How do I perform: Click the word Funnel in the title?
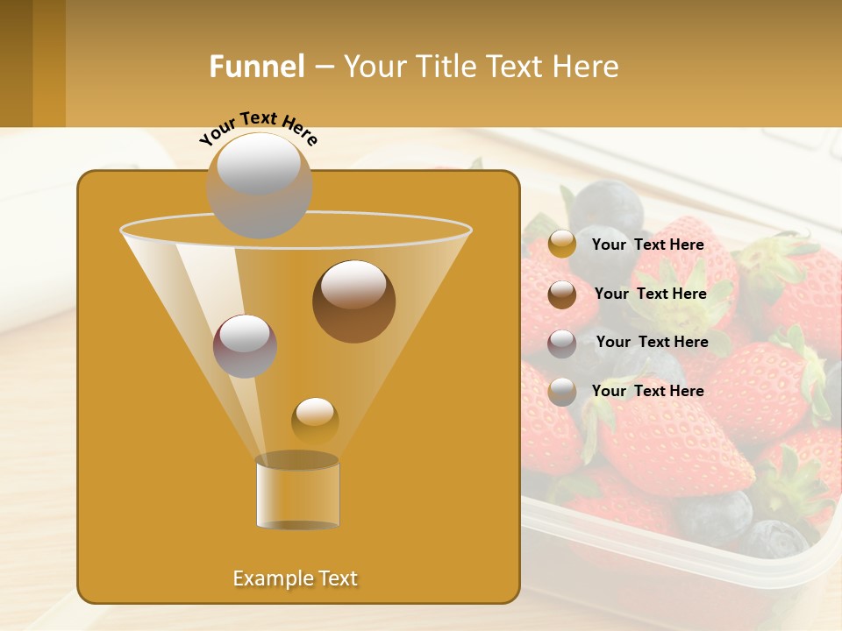[257, 67]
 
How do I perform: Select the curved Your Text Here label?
[258, 127]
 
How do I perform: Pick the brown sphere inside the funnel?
[353, 301]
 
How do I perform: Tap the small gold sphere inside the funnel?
[315, 420]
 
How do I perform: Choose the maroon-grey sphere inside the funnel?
[245, 345]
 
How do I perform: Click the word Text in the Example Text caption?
[337, 578]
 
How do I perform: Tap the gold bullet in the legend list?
[561, 245]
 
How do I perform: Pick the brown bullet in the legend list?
[561, 294]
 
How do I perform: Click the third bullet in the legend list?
[561, 343]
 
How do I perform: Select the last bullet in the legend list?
[561, 391]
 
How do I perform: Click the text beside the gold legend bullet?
[647, 245]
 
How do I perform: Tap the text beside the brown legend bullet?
[650, 294]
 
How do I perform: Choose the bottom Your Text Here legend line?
[647, 391]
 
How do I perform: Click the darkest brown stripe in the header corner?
[16, 63]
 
